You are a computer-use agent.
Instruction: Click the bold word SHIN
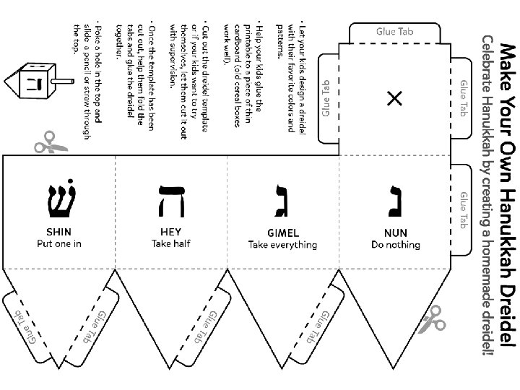pyautogui.click(x=59, y=233)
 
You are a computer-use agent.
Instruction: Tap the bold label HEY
pyautogui.click(x=170, y=233)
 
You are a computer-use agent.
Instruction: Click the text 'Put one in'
pyautogui.click(x=59, y=243)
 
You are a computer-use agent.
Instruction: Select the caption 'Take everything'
pyautogui.click(x=282, y=245)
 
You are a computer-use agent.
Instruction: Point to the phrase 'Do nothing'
pyautogui.click(x=396, y=245)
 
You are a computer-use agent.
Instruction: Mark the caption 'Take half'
pyautogui.click(x=170, y=243)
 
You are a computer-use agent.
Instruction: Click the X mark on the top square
pyautogui.click(x=394, y=99)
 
